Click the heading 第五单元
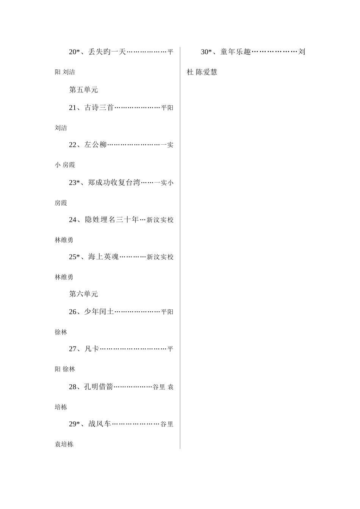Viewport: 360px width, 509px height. pos(83,90)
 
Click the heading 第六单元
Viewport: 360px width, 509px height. pos(83,294)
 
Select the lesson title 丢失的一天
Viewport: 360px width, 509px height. pos(107,52)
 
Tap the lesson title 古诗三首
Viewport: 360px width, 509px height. pos(99,108)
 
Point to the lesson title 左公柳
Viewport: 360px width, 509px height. pos(95,145)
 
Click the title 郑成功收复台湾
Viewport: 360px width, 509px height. pos(114,183)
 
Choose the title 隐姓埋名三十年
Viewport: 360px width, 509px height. pos(112,220)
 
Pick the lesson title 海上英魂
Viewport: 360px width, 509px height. pos(104,257)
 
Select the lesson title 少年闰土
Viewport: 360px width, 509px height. pos(99,312)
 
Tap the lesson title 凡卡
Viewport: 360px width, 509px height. pos(92,349)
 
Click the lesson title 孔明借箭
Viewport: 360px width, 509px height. pos(99,387)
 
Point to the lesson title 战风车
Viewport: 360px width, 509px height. pos(100,424)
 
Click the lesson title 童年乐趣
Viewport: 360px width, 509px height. pos(236,52)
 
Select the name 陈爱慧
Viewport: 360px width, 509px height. pos(207,72)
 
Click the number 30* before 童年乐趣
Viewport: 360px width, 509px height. pos(206,52)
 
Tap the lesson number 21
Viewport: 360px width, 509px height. pos(73,108)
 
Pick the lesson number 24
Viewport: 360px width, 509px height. pos(73,220)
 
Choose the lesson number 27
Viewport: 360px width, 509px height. pos(73,349)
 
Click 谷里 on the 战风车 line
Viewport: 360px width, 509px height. pos(167,425)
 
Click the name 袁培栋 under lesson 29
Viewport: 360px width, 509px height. pos(64,445)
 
